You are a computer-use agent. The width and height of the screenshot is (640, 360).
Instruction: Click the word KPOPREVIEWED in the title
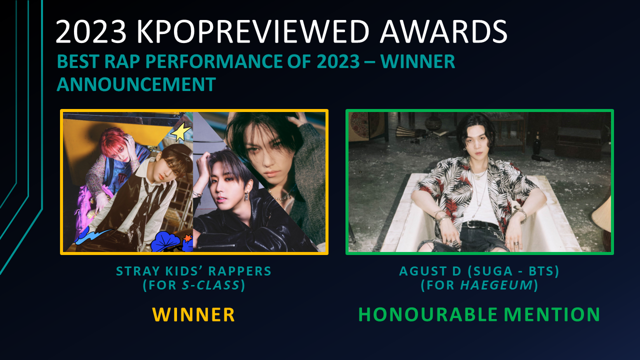253,31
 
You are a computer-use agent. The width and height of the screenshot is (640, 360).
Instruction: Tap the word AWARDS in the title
443,31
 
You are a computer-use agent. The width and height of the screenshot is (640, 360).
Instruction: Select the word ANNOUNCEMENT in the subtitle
136,84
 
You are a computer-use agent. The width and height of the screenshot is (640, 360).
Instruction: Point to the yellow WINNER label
193,314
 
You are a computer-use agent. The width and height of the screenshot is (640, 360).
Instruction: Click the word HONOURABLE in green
427,314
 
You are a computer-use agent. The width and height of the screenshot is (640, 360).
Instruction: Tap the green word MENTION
551,314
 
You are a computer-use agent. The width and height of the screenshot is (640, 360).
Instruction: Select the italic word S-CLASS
211,285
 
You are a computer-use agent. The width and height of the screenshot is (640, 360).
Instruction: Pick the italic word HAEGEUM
496,285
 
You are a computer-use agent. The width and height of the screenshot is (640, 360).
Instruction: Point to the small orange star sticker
188,237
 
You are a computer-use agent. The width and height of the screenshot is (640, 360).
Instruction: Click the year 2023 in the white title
91,31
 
